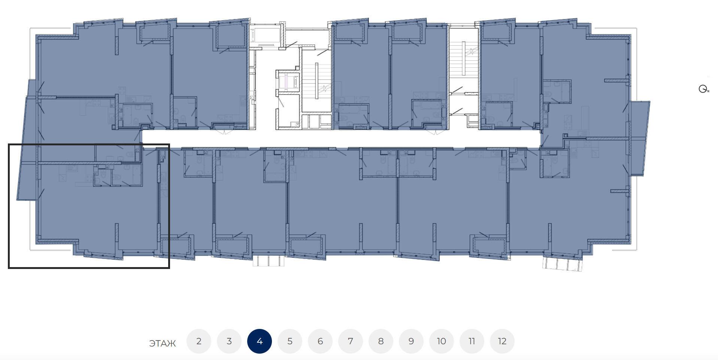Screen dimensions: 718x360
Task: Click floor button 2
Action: pyautogui.click(x=199, y=341)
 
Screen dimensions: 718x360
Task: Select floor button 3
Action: pyautogui.click(x=229, y=341)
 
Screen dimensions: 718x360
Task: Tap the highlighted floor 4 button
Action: pyautogui.click(x=260, y=341)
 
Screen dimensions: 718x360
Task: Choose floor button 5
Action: pyautogui.click(x=290, y=341)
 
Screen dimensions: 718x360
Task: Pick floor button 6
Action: pyautogui.click(x=320, y=341)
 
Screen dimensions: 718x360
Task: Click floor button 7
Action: pyautogui.click(x=351, y=341)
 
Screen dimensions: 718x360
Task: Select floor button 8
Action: pyautogui.click(x=381, y=341)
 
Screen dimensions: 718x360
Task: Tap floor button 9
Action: pyautogui.click(x=411, y=341)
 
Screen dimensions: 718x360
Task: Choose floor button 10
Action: pyautogui.click(x=442, y=341)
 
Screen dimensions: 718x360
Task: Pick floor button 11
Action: pyautogui.click(x=472, y=341)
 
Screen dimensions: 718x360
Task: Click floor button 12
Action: pyautogui.click(x=502, y=341)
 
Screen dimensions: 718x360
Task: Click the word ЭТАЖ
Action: pyautogui.click(x=163, y=344)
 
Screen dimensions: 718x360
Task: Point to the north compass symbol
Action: pyautogui.click(x=704, y=89)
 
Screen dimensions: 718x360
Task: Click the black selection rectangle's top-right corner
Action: pyautogui.click(x=169, y=144)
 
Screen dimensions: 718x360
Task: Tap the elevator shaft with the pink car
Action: pyautogui.click(x=288, y=81)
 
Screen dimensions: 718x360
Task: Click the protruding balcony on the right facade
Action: pyautogui.click(x=639, y=138)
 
